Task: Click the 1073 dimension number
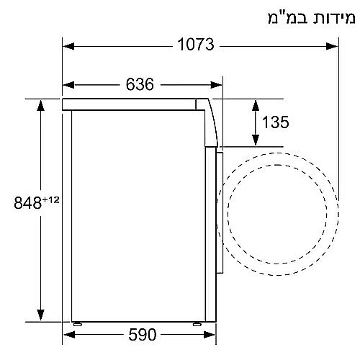[x=196, y=46]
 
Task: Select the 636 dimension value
[x=140, y=85]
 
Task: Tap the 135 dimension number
[x=275, y=122]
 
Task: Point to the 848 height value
[x=29, y=200]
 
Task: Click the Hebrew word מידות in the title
[x=328, y=16]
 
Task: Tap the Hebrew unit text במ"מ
[x=282, y=16]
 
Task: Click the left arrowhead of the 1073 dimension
[x=68, y=46]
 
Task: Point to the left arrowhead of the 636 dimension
[x=68, y=85]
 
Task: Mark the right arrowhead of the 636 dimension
[x=216, y=85]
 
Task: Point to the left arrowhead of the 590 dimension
[x=76, y=335]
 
